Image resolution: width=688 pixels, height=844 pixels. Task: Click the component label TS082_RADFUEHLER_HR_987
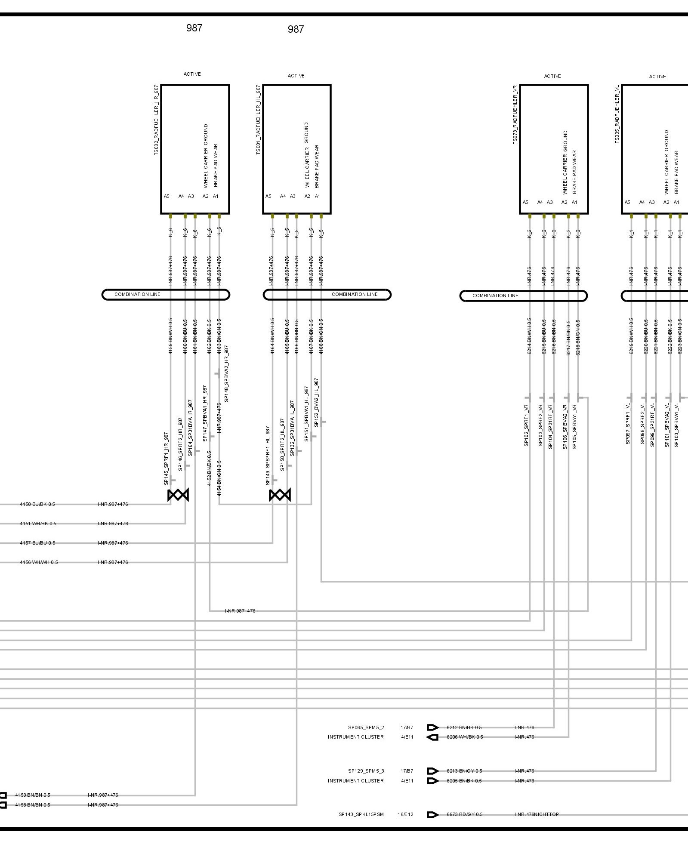click(156, 120)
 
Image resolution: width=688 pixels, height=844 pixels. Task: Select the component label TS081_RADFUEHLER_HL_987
click(258, 120)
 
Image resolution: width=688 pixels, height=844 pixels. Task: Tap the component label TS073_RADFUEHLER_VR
click(515, 114)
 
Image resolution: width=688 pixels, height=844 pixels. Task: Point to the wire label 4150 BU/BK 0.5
click(37, 504)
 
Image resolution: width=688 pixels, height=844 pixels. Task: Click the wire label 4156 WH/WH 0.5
click(39, 562)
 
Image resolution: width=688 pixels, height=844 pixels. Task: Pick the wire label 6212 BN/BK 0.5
click(464, 727)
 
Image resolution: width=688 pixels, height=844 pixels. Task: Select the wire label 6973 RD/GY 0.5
click(465, 814)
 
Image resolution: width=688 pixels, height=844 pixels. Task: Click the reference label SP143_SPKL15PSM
click(361, 814)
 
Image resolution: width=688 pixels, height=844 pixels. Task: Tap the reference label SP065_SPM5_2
click(366, 727)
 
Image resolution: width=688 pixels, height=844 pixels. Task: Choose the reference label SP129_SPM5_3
click(366, 771)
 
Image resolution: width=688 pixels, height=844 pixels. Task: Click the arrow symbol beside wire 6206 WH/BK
click(432, 737)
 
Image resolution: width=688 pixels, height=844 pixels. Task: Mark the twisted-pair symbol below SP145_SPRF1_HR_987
click(178, 495)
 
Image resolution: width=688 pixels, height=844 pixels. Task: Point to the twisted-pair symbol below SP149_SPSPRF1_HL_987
click(280, 495)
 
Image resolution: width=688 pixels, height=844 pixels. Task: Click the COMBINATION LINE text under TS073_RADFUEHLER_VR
click(495, 296)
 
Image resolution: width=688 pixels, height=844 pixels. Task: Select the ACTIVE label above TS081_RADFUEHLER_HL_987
click(296, 76)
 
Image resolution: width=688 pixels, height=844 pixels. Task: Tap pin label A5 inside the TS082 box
click(167, 196)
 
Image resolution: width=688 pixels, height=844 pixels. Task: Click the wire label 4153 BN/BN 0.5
click(33, 795)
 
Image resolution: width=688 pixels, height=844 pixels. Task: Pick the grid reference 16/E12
click(405, 814)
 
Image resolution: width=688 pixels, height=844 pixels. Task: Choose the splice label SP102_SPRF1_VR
click(526, 425)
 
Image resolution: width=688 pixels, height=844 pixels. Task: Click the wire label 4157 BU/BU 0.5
click(37, 543)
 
